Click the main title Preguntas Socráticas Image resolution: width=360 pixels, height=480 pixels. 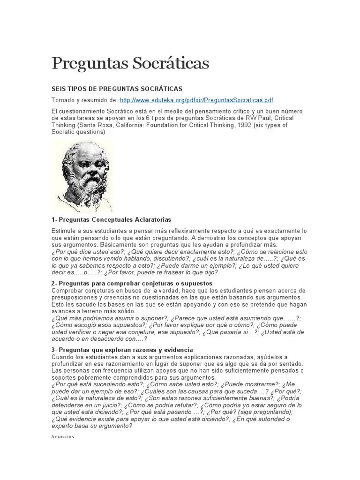130,63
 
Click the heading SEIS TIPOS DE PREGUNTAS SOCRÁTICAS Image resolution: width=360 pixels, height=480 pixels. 116,89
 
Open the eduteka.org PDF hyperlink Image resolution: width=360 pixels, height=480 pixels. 196,100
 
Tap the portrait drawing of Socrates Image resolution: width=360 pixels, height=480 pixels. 82,176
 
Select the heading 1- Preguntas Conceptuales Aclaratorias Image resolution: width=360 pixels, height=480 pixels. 111,219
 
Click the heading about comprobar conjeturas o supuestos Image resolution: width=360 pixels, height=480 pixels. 132,284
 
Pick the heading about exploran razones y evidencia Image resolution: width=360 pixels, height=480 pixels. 122,350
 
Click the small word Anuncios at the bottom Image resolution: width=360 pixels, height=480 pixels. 62,437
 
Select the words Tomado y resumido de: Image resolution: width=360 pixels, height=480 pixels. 84,100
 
